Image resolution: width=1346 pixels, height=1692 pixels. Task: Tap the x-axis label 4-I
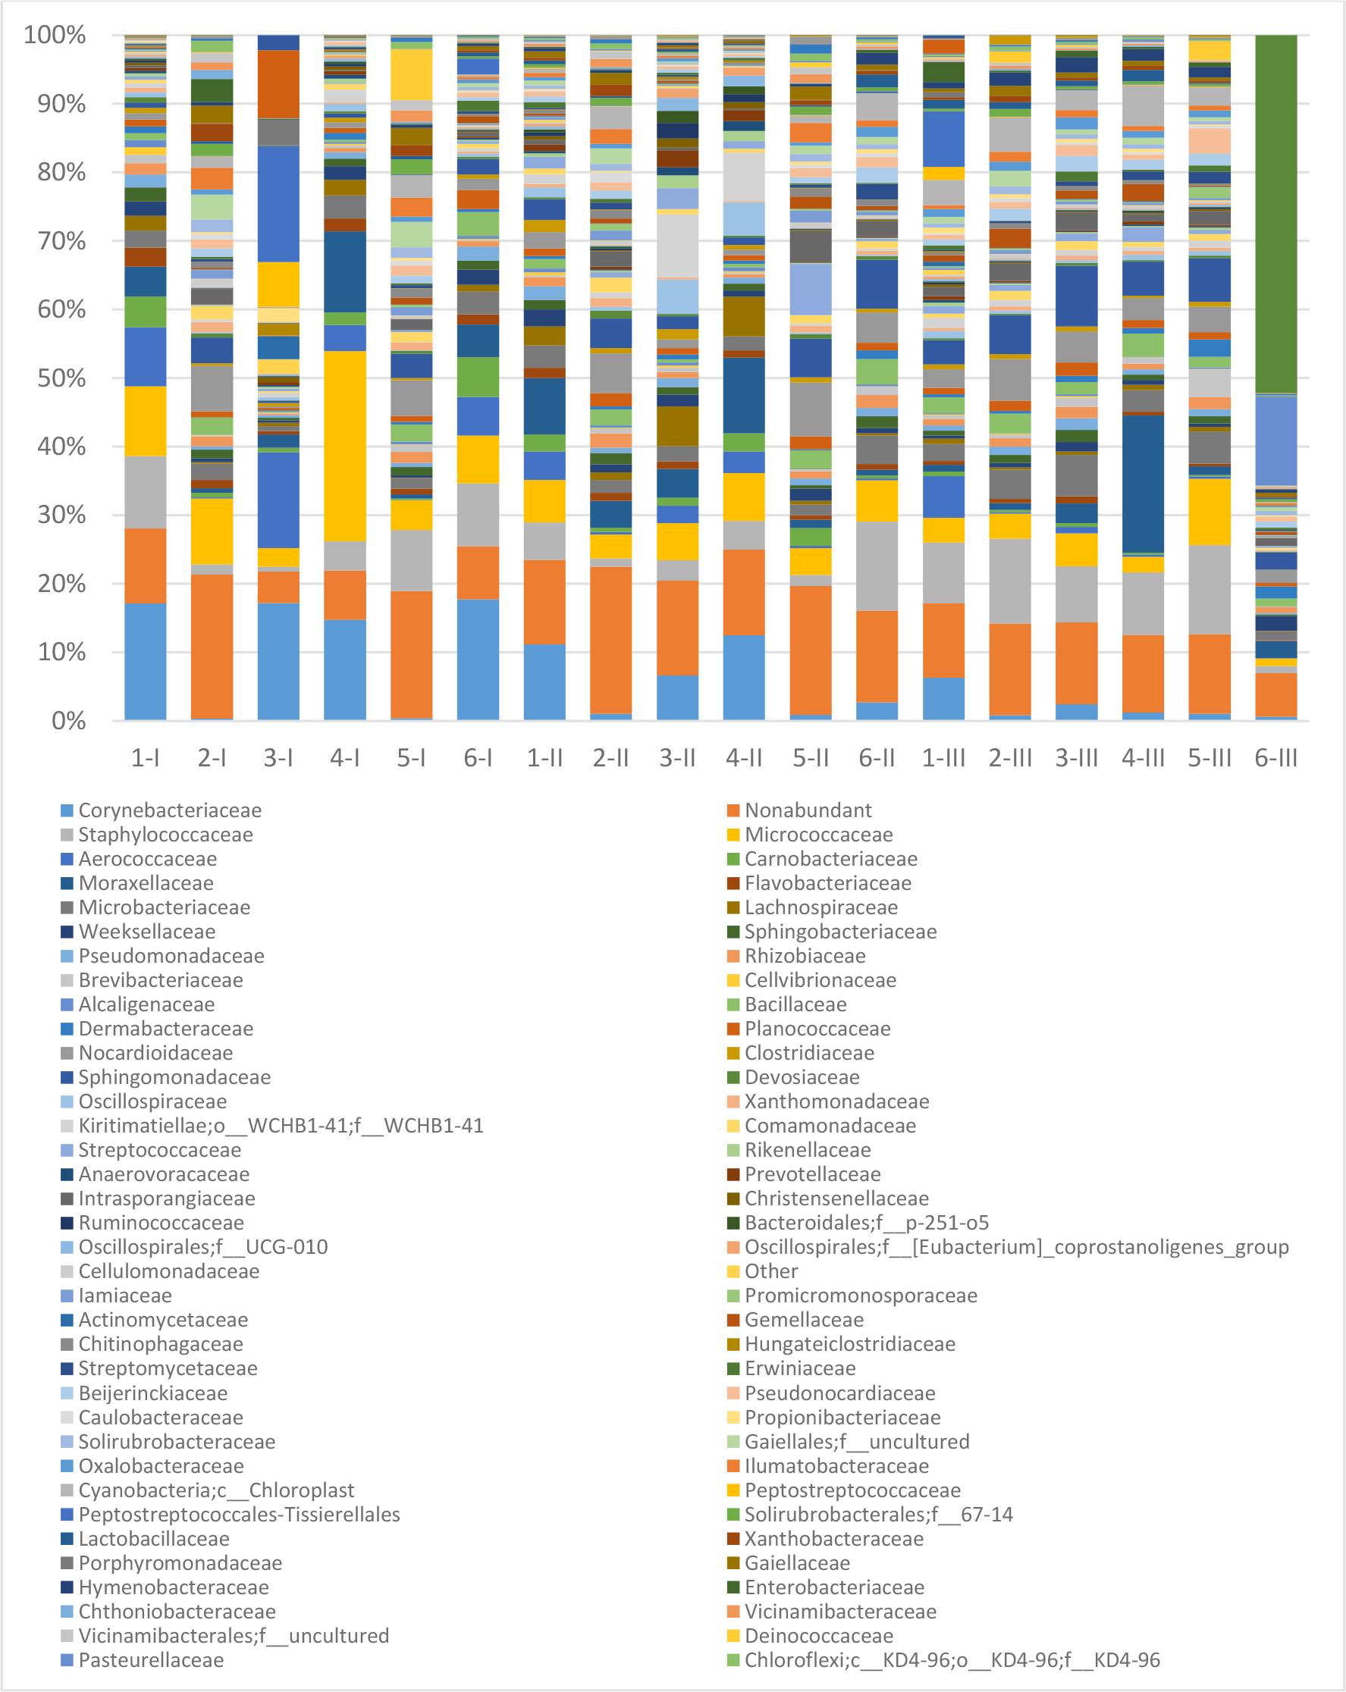pyautogui.click(x=344, y=758)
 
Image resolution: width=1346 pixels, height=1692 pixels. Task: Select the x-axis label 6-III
pyautogui.click(x=1275, y=758)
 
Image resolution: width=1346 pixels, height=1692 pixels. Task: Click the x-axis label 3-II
pyautogui.click(x=676, y=758)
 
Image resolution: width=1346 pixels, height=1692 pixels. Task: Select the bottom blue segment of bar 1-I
pyautogui.click(x=145, y=661)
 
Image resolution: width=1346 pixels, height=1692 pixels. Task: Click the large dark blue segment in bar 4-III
pyautogui.click(x=1143, y=484)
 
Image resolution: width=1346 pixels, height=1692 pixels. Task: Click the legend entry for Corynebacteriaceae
pyautogui.click(x=170, y=810)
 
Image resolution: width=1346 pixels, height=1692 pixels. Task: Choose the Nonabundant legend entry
pyautogui.click(x=808, y=810)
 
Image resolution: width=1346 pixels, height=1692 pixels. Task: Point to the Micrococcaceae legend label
pyautogui.click(x=817, y=834)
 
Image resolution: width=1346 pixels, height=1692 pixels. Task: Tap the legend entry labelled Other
pyautogui.click(x=770, y=1271)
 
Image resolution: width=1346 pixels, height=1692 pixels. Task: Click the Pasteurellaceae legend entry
pyautogui.click(x=151, y=1660)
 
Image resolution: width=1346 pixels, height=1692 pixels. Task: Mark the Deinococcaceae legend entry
pyautogui.click(x=817, y=1635)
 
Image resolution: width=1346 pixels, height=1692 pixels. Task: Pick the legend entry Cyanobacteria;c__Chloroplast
pyautogui.click(x=216, y=1490)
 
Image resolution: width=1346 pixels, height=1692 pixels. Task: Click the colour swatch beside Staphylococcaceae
pyautogui.click(x=67, y=834)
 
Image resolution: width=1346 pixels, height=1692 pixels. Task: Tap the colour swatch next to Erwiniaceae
pyautogui.click(x=733, y=1368)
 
